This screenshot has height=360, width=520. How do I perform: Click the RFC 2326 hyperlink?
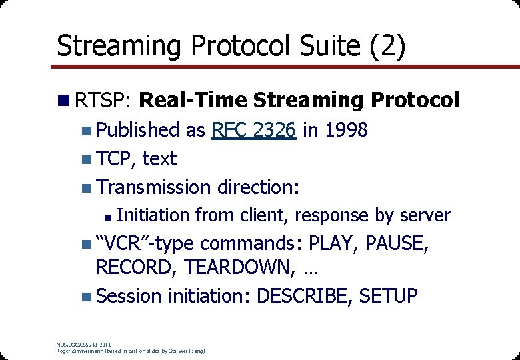pyautogui.click(x=253, y=130)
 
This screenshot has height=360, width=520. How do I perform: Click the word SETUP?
pyautogui.click(x=388, y=295)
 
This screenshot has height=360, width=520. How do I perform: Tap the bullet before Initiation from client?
pyautogui.click(x=108, y=216)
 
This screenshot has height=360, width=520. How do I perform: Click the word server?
pyautogui.click(x=425, y=215)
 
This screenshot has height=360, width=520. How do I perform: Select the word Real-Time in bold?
pyautogui.click(x=193, y=100)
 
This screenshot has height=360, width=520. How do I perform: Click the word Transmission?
pyautogui.click(x=154, y=187)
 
